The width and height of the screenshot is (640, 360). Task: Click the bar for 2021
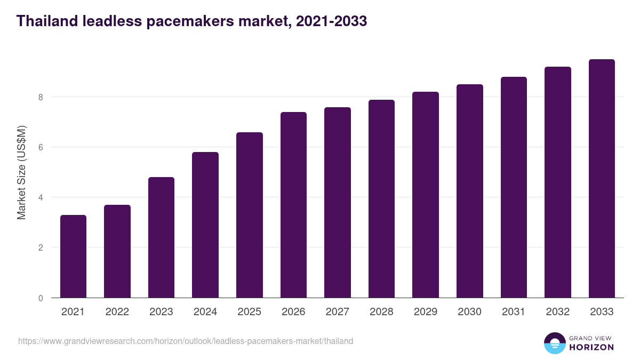73,256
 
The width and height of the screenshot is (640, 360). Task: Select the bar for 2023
161,237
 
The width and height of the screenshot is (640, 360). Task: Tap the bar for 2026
293,205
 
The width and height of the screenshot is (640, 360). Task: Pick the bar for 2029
426,195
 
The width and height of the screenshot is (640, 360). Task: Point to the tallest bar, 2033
602,179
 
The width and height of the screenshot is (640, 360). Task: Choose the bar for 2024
205,225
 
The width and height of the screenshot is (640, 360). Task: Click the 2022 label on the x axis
117,312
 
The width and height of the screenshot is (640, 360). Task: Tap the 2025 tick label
249,312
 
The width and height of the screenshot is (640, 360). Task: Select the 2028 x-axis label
381,312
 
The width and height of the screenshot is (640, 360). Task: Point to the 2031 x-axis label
514,312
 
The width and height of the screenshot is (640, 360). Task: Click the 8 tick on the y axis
40,97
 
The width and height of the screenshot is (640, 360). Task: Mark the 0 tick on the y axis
40,298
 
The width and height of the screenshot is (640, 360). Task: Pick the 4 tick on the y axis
40,197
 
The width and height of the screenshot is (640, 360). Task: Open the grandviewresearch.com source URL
186,341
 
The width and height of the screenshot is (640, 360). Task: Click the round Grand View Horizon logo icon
555,343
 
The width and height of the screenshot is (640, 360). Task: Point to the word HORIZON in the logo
591,347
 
